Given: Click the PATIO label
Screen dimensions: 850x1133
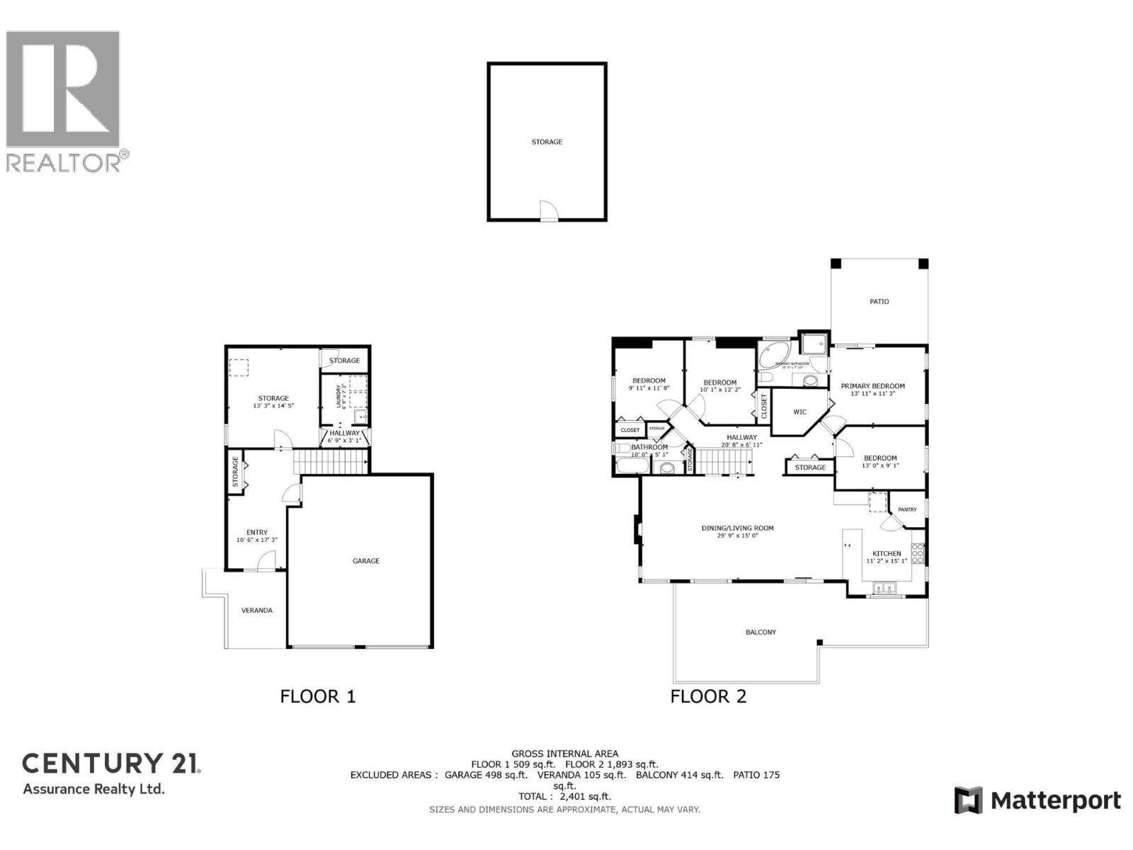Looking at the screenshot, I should (x=879, y=302).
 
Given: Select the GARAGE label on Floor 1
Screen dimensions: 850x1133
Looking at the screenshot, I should (x=366, y=561).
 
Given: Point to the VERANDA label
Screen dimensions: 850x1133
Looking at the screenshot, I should (x=256, y=611).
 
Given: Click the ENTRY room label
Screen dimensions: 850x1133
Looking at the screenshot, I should (x=257, y=533).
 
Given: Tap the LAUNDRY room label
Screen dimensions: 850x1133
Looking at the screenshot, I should (x=339, y=397).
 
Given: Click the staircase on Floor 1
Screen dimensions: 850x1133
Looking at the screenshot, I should (x=329, y=462).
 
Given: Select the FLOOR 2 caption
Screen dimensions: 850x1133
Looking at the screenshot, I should (x=708, y=696).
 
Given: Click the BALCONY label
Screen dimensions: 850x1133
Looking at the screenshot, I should (x=761, y=632).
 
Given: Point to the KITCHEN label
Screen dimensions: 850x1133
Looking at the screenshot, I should (x=887, y=554).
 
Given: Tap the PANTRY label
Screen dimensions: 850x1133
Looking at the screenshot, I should (x=907, y=510).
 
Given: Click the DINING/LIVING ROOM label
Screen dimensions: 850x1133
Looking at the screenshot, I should (x=737, y=528).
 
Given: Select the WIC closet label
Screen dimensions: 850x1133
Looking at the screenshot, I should (x=799, y=412).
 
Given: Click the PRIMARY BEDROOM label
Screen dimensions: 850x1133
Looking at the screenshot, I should (x=872, y=387).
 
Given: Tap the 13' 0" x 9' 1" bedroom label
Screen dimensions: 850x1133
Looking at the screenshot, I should (x=880, y=462).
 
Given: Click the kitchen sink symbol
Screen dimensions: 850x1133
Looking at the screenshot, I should (x=884, y=588).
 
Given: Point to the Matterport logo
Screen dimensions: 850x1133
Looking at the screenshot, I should (x=1037, y=800).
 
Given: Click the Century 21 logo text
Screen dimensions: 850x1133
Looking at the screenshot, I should (x=112, y=764).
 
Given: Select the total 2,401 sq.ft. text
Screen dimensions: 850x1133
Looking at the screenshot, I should (x=564, y=796).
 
